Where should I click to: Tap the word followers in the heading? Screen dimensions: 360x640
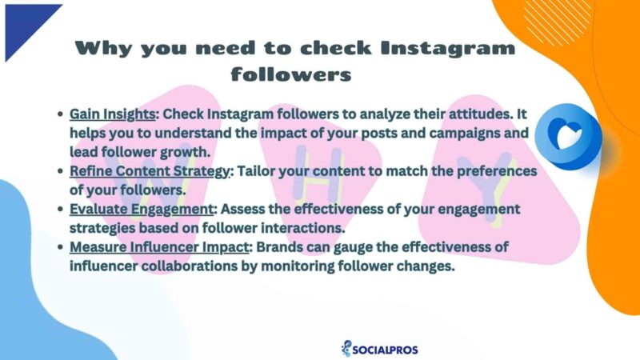pos(290,74)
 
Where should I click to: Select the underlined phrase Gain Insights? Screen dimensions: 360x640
pos(112,114)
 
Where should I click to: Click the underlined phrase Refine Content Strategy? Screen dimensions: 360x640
pos(152,172)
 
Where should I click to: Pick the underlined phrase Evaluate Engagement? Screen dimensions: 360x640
pos(139,210)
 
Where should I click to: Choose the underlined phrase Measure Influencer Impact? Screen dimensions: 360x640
pos(159,249)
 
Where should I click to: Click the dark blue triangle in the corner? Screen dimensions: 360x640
pos(24,24)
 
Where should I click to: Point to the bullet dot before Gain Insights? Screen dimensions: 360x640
pos(61,114)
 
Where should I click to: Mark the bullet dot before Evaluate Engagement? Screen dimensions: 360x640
pos(61,210)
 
